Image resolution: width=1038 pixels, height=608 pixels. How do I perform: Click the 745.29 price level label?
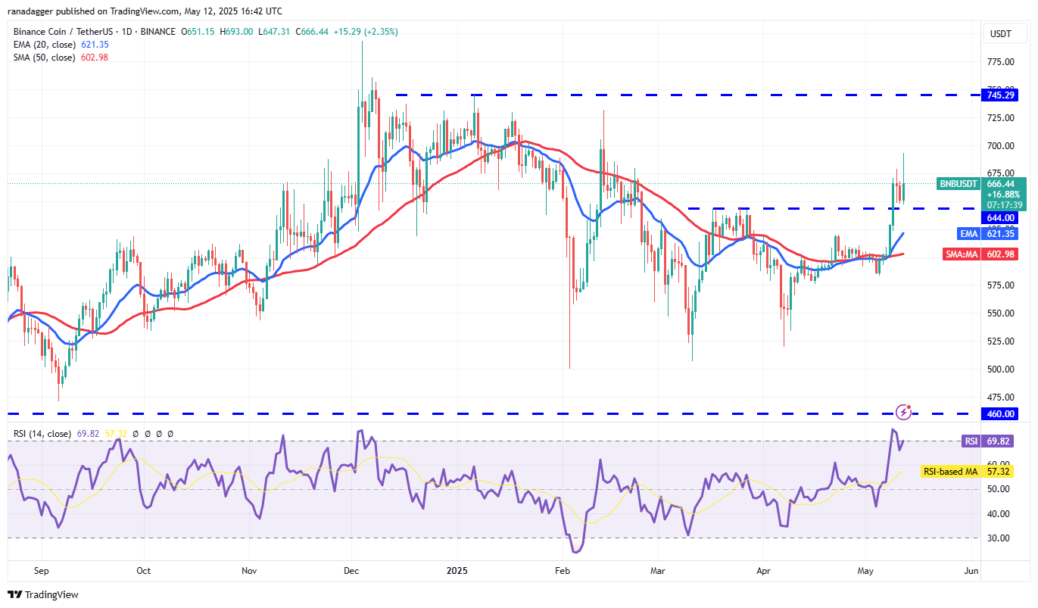click(1000, 95)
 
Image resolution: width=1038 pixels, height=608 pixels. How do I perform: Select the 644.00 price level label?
click(1000, 217)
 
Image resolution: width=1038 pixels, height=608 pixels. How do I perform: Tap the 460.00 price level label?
click(1000, 413)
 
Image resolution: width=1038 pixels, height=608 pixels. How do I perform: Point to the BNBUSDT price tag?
click(959, 183)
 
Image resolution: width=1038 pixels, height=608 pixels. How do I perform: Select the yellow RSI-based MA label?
click(949, 472)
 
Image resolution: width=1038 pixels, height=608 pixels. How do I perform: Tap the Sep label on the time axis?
click(42, 570)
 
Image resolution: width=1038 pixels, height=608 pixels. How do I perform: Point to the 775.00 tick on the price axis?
click(1000, 61)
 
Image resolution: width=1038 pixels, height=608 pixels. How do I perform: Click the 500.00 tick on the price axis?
click(1000, 369)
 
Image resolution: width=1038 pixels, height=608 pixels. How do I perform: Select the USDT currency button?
click(1001, 33)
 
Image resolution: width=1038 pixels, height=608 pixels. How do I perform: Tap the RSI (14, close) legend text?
click(42, 434)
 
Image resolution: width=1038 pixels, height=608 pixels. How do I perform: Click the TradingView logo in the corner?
click(43, 594)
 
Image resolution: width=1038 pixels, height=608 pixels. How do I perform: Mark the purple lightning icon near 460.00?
click(903, 412)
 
